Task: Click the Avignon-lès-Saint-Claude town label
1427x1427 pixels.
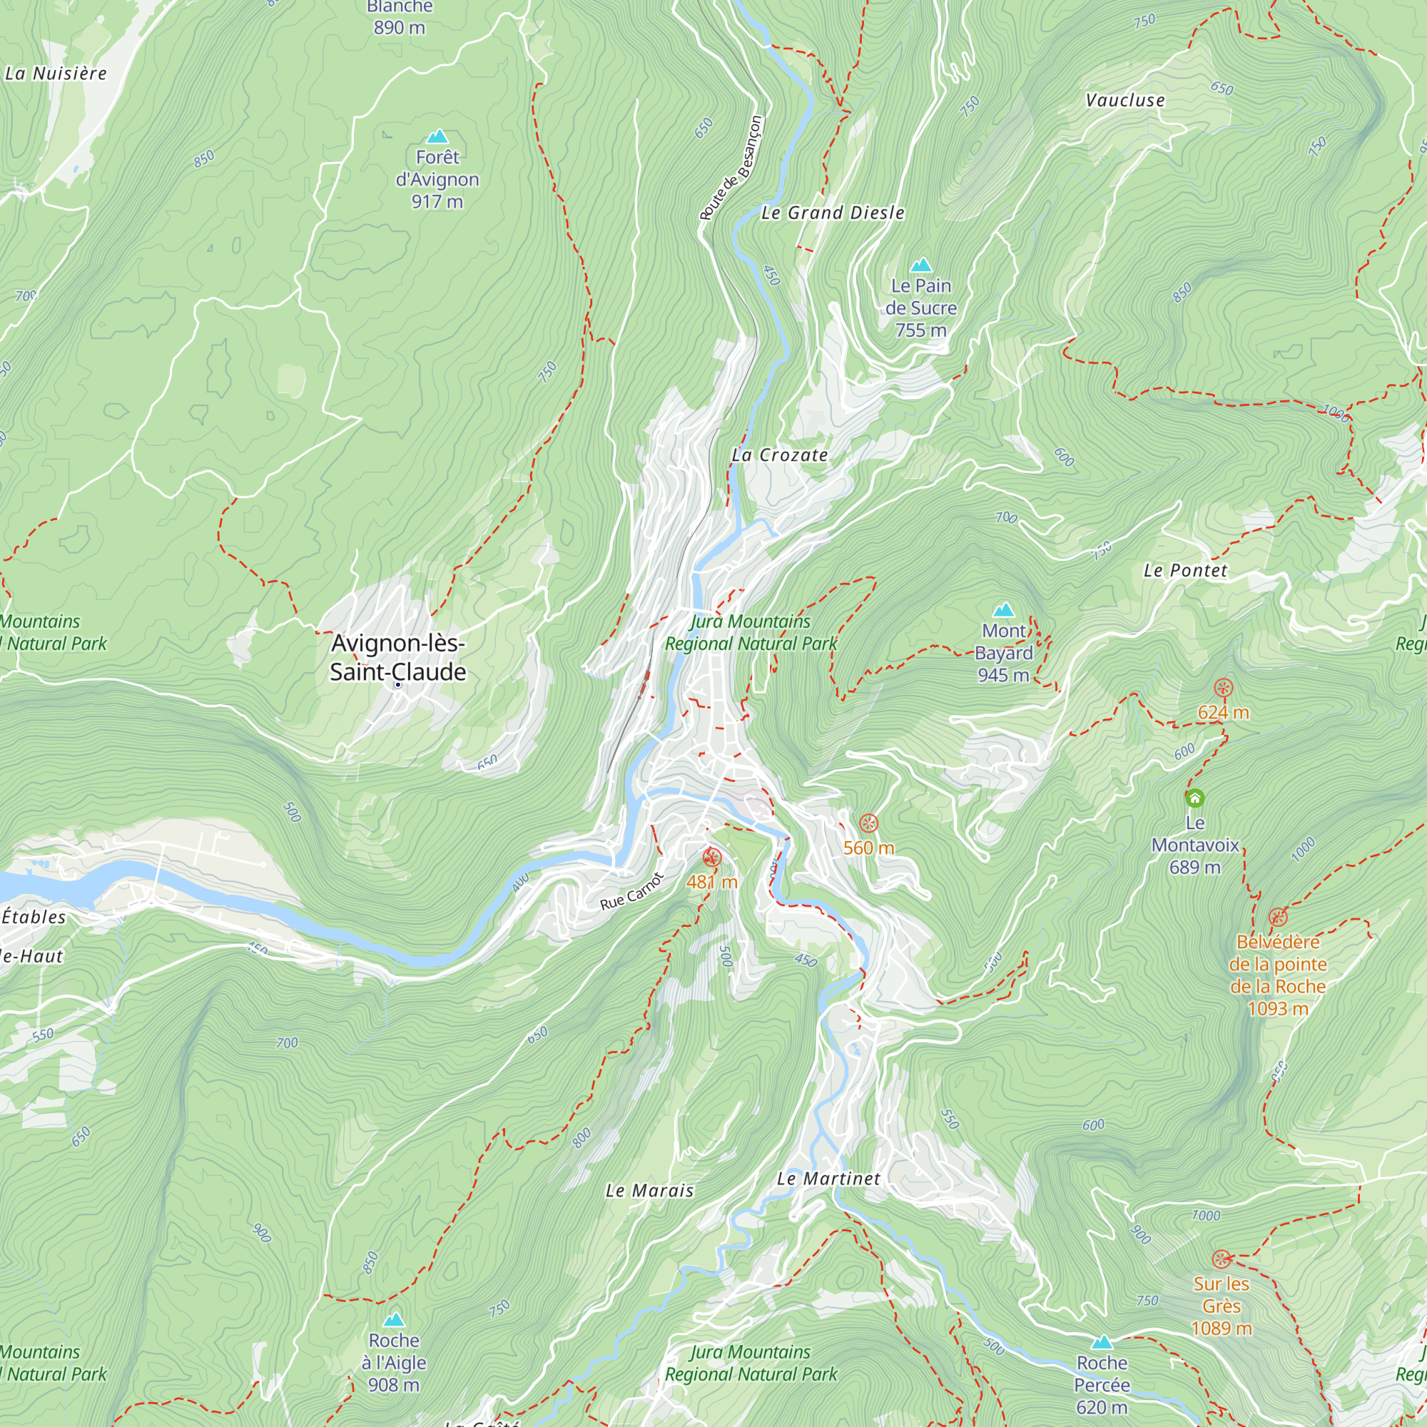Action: pos(398,657)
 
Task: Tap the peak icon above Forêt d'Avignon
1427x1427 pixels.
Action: pos(438,137)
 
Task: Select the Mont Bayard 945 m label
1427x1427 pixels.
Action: pos(1003,653)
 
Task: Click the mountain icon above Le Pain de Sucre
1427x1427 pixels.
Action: pos(920,265)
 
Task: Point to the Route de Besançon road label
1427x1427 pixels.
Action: pos(731,168)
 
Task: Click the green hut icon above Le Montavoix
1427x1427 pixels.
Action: pos(1195,798)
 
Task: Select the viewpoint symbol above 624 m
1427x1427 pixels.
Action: pos(1223,689)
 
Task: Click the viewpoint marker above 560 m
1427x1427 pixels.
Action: pos(868,823)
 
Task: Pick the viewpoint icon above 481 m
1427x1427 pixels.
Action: pos(711,858)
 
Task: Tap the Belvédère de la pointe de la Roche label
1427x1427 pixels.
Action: pos(1278,975)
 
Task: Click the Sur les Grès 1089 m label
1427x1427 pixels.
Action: pos(1222,1306)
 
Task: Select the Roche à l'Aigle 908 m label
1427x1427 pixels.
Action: pos(394,1363)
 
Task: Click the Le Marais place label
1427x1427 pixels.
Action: pos(650,1191)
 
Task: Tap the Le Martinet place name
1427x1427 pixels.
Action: pos(828,1179)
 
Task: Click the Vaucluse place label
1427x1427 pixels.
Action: pos(1125,101)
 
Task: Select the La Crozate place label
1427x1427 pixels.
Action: pos(780,456)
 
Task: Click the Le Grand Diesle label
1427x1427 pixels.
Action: pos(833,213)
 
